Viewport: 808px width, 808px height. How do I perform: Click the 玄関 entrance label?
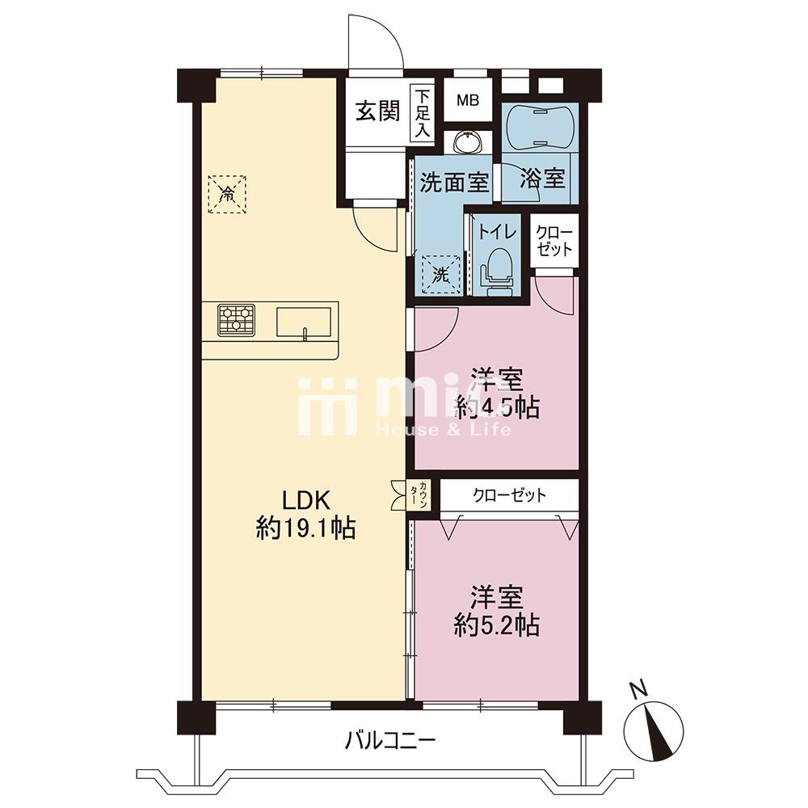point(377,111)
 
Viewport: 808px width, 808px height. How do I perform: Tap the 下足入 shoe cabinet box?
point(422,113)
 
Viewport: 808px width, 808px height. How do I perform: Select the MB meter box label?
point(468,100)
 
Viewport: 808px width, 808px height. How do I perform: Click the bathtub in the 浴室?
point(540,127)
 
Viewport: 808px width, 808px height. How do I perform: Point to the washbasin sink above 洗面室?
point(468,142)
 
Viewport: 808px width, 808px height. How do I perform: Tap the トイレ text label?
point(497,231)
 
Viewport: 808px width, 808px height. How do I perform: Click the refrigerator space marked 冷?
point(227,194)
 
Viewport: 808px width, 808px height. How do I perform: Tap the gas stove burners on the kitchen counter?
point(237,319)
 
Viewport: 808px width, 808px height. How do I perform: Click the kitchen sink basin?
point(304,322)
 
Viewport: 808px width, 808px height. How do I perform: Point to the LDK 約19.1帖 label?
point(305,513)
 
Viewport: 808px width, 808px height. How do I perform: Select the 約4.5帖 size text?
point(497,408)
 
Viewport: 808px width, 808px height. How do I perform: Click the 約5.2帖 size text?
point(497,625)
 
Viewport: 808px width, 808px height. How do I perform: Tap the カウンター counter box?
point(423,495)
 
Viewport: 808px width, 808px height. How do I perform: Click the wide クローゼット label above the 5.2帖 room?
point(509,495)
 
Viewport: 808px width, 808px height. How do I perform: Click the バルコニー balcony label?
point(390,742)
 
